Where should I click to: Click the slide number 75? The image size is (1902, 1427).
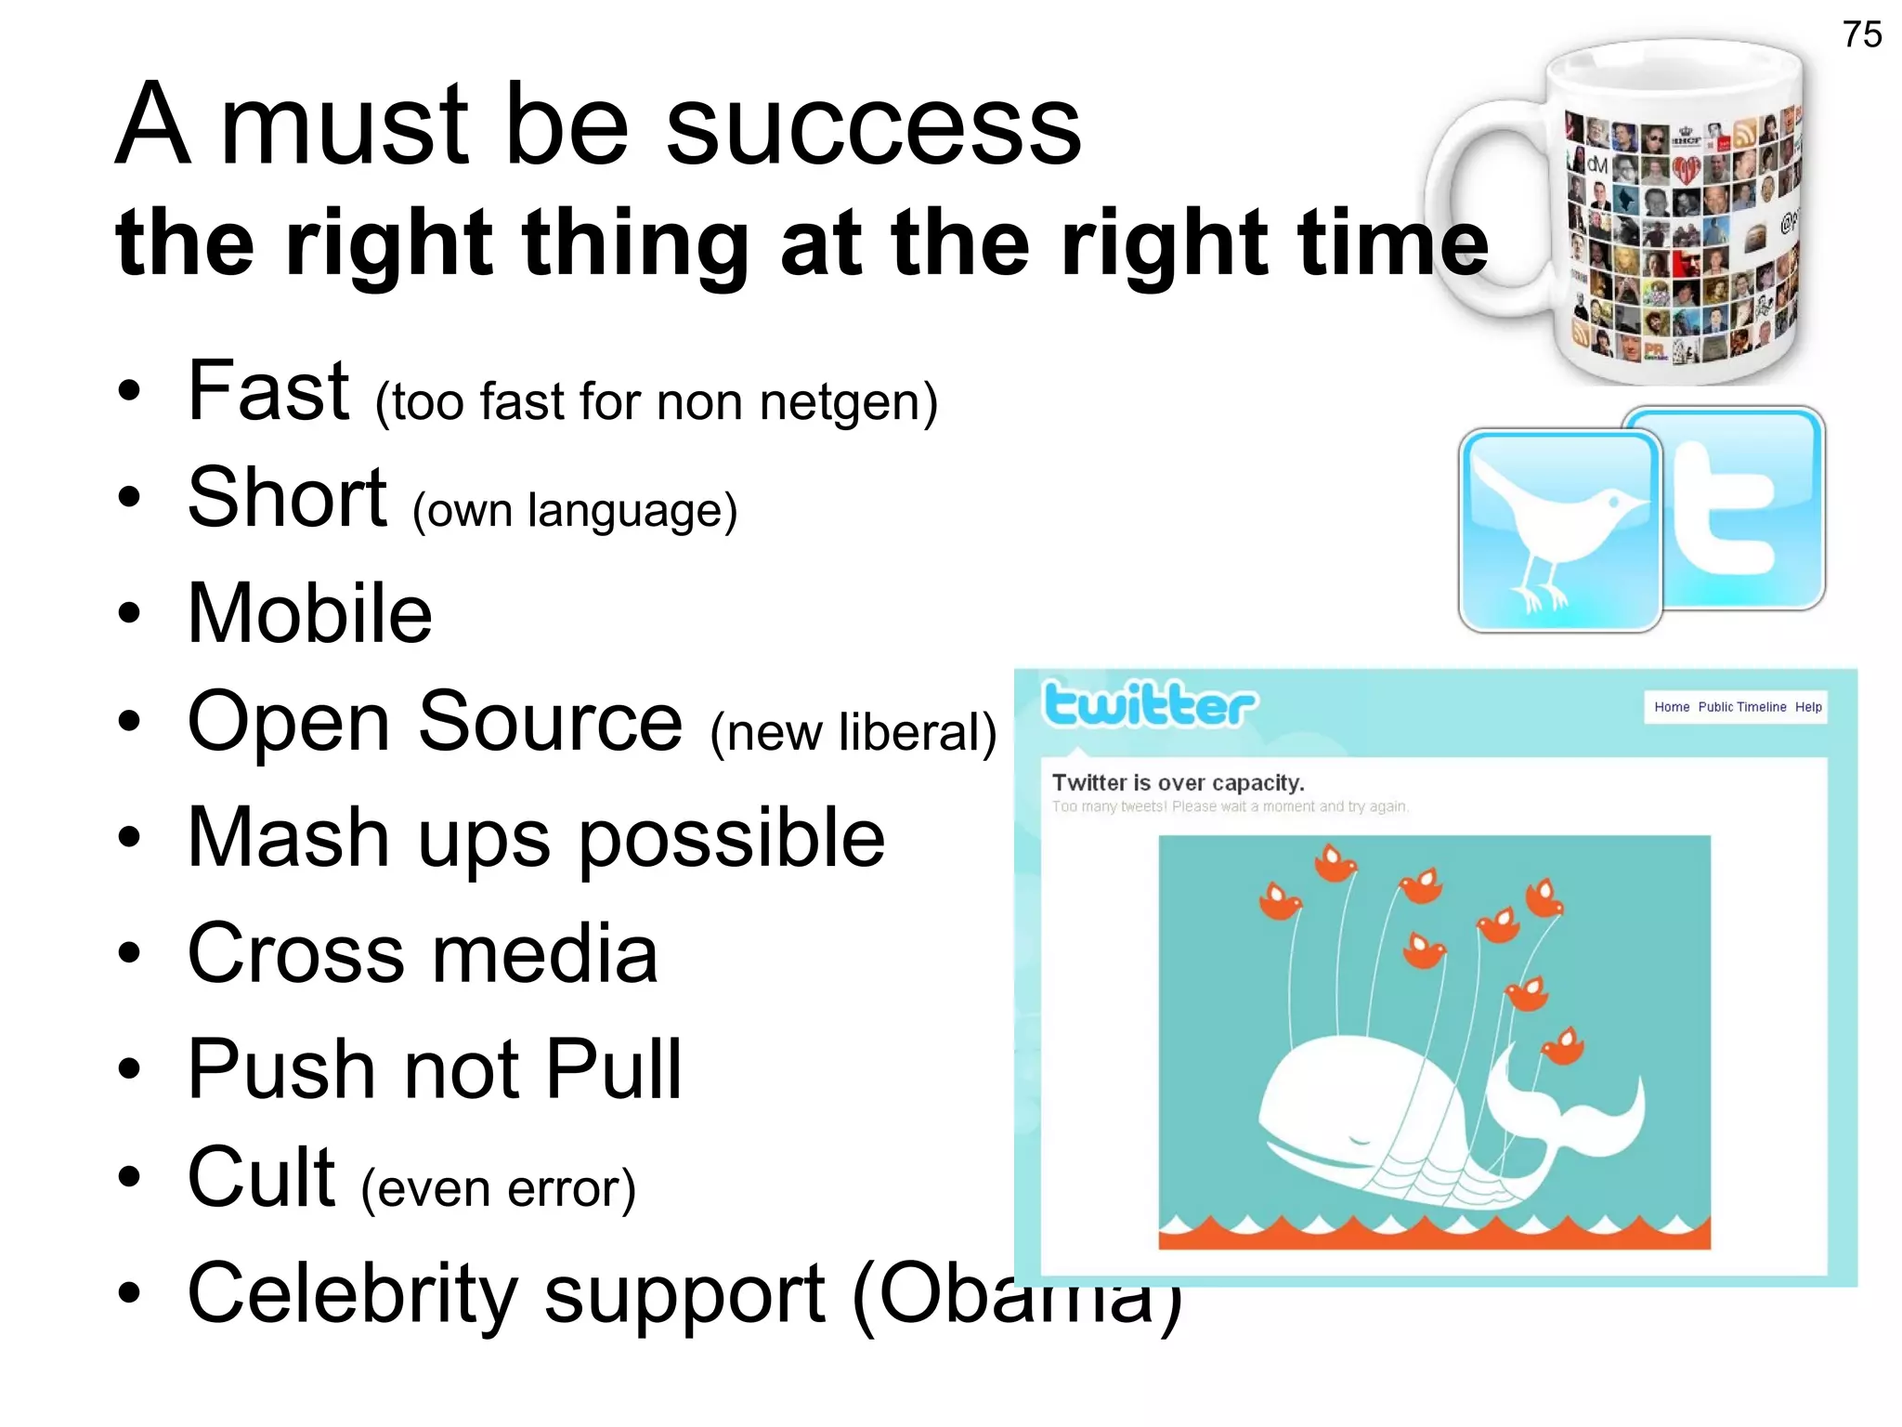pyautogui.click(x=1861, y=34)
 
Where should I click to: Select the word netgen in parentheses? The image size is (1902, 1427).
pyautogui.click(x=839, y=402)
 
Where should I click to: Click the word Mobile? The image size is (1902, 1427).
pyautogui.click(x=309, y=614)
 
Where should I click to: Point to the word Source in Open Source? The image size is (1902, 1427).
pyautogui.click(x=550, y=722)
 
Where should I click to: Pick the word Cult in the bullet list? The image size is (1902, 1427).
pyautogui.click(x=261, y=1177)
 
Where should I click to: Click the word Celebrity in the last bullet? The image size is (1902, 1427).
pyautogui.click(x=352, y=1293)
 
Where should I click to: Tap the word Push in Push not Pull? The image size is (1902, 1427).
pyautogui.click(x=281, y=1069)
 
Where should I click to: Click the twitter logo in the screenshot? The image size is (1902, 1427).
pyautogui.click(x=1150, y=704)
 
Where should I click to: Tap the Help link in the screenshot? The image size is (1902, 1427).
pyautogui.click(x=1807, y=707)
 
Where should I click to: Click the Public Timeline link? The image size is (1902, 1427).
pyautogui.click(x=1741, y=707)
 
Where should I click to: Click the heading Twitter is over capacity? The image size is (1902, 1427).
pyautogui.click(x=1178, y=783)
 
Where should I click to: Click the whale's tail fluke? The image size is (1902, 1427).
pyautogui.click(x=1570, y=1106)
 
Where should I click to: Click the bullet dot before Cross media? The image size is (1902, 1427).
pyautogui.click(x=129, y=953)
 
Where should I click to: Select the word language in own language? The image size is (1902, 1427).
pyautogui.click(x=632, y=512)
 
